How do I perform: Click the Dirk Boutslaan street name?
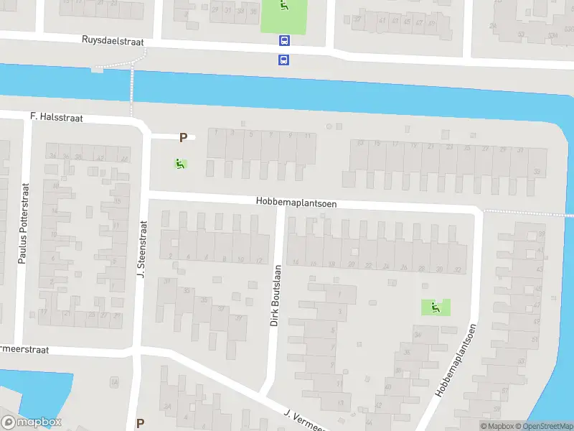[275, 295]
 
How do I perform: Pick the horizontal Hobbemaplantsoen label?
[296, 203]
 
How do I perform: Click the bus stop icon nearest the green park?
[284, 41]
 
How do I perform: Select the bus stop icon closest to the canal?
[284, 60]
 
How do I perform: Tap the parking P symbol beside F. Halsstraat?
[183, 137]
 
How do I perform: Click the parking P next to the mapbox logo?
[140, 423]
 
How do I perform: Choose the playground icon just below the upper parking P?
[179, 164]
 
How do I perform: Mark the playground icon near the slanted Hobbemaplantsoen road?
[435, 307]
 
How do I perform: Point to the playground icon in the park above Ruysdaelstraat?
[285, 6]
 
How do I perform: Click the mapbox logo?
[32, 422]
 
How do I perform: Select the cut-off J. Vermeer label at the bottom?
[305, 417]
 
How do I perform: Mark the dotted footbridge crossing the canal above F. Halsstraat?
[131, 90]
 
